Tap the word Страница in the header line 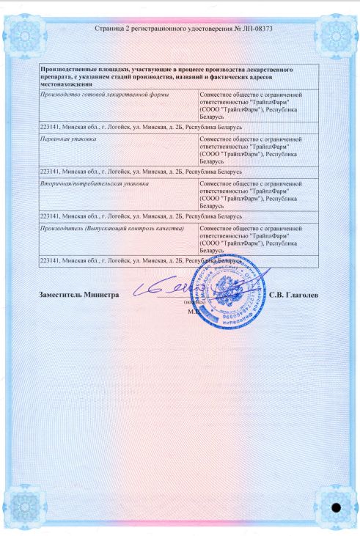[x=110, y=30]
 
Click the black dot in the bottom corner [x=337, y=507]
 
